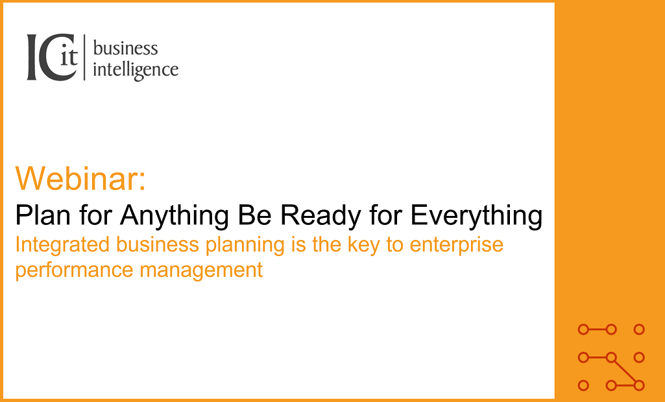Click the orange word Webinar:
81,178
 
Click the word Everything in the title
477,215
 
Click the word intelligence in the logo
136,70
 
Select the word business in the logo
125,48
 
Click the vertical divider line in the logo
84,58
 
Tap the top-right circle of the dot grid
639,329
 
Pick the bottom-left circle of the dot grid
583,386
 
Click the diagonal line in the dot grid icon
625,372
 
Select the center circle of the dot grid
611,357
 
